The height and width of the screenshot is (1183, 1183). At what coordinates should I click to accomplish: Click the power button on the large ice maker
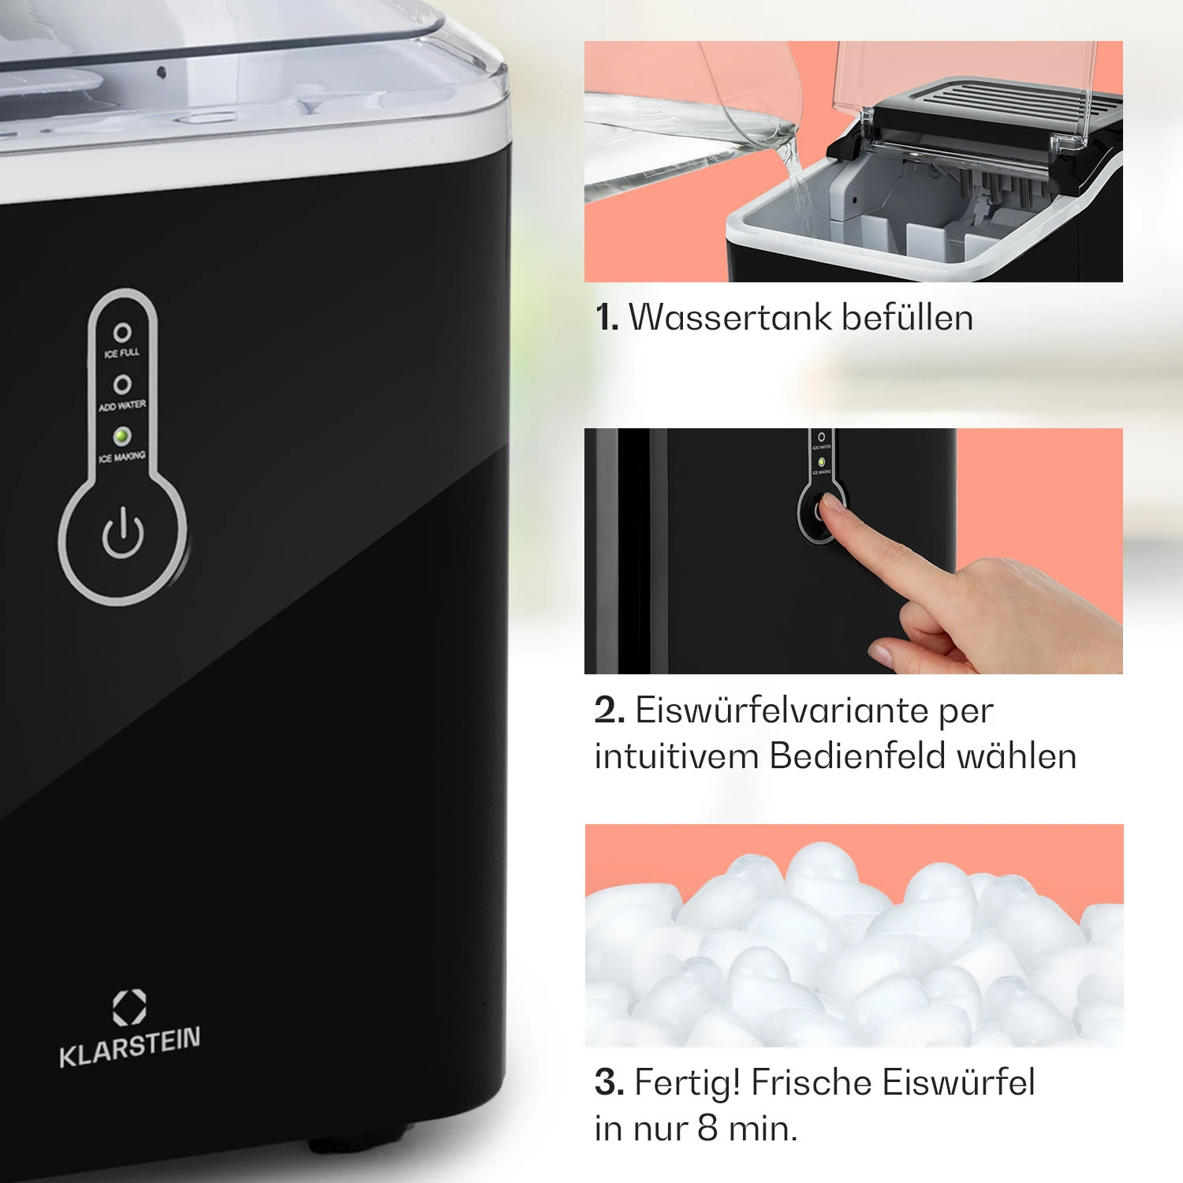pos(122,534)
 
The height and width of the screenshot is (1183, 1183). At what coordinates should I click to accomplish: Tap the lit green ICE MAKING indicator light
pos(121,435)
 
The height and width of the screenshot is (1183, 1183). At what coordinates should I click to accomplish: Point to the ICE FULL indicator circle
pos(122,333)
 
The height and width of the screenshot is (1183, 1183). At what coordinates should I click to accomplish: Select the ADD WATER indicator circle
pos(122,384)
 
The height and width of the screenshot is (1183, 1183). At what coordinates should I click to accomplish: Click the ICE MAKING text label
pos(122,457)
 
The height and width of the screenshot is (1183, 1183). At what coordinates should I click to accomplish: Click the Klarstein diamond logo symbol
pos(129,1008)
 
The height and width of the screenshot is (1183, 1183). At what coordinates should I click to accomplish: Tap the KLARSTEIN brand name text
pos(130,1047)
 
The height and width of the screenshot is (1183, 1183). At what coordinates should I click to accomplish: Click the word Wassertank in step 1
pos(730,318)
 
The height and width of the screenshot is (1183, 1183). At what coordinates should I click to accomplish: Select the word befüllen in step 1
pos(907,318)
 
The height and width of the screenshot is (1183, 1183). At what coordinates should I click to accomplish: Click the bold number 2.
pos(610,711)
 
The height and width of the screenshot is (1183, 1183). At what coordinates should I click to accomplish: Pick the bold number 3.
pos(609,1083)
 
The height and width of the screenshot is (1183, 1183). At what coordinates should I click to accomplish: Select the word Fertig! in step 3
pos(687,1083)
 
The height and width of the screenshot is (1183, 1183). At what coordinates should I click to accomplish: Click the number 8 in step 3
pos(707,1129)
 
